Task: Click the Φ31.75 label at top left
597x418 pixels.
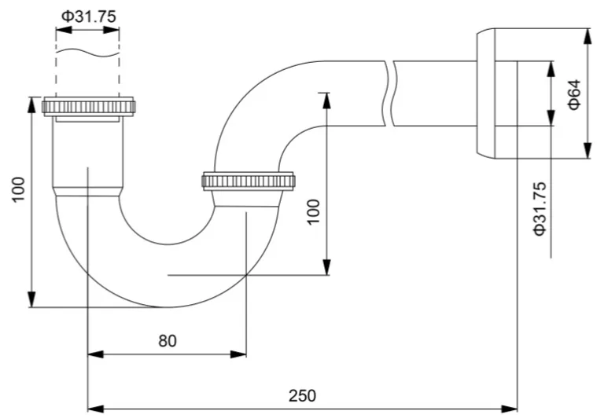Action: pos(89,16)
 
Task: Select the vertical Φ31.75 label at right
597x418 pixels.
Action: pos(540,209)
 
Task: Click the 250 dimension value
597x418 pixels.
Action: pos(302,395)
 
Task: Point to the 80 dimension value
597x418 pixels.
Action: pos(168,341)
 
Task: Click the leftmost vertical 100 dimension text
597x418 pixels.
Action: pos(19,189)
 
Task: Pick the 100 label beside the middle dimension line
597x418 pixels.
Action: pos(314,212)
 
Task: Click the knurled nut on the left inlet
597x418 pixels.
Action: pos(88,107)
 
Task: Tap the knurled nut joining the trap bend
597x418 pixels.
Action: pos(249,181)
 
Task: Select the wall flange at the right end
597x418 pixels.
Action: pos(485,93)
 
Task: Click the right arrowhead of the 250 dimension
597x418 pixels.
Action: pos(510,409)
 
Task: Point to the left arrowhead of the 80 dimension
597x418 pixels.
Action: pos(95,354)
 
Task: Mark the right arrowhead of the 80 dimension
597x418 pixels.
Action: pos(238,354)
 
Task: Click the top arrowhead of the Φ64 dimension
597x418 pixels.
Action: pos(587,36)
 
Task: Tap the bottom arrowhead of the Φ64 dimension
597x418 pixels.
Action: pos(587,150)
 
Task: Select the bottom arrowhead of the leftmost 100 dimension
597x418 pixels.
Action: pos(32,299)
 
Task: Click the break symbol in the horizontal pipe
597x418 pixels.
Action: pos(389,93)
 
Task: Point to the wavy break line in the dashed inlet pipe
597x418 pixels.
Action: pos(87,53)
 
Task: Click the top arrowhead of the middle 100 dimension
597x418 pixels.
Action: pos(326,101)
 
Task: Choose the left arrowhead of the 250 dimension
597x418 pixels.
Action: pos(95,409)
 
